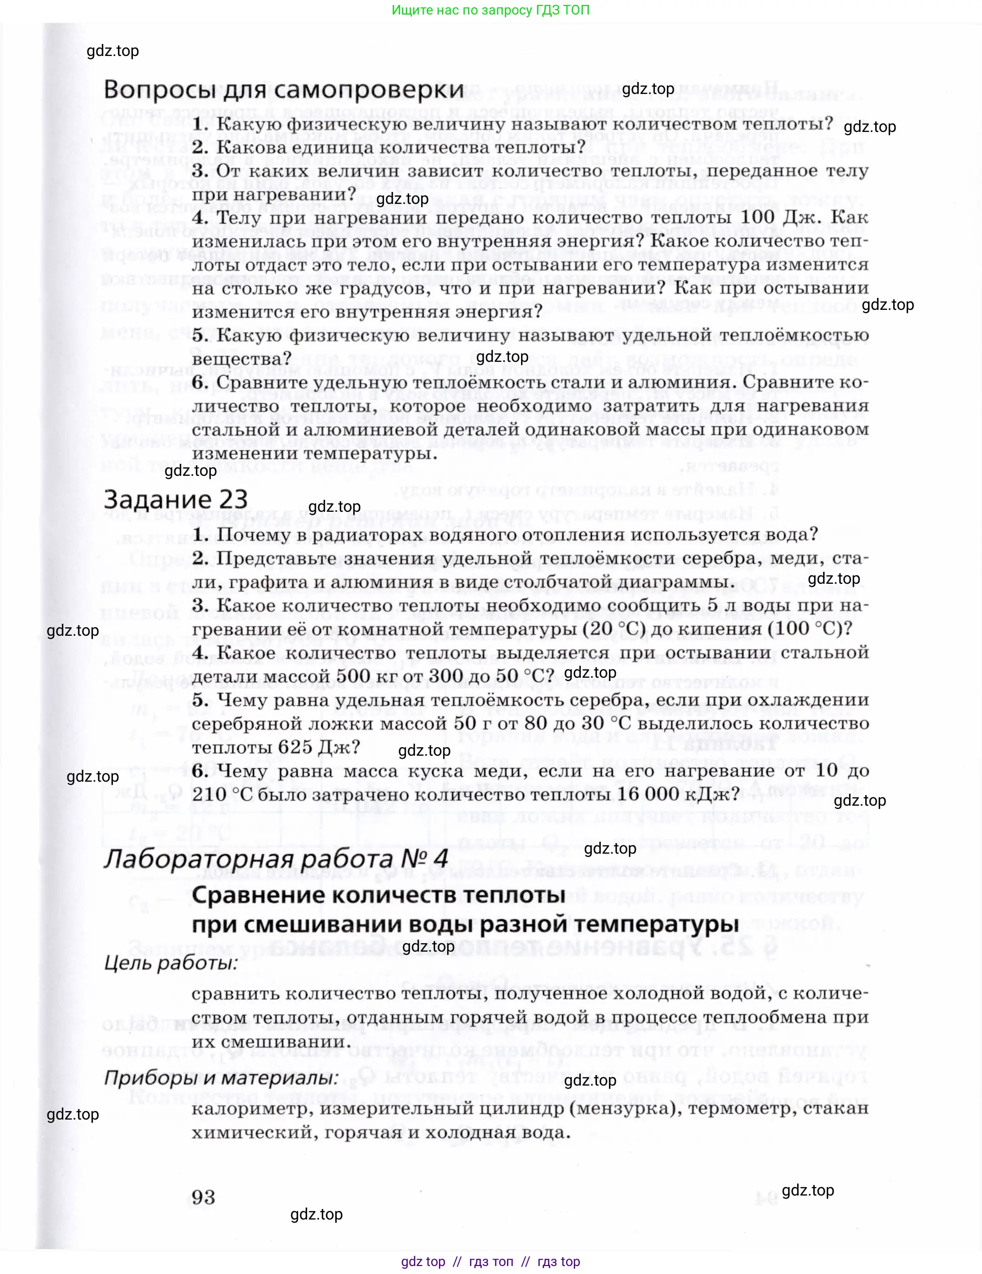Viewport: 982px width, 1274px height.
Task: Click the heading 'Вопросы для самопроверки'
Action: (x=283, y=90)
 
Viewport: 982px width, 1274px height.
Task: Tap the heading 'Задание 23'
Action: (x=175, y=500)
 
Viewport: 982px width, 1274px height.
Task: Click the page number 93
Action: (x=203, y=1197)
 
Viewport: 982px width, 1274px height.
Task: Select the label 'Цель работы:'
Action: (x=171, y=963)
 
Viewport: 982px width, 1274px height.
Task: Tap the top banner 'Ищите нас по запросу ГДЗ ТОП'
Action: (x=491, y=10)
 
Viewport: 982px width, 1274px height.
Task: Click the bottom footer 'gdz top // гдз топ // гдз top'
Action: (x=491, y=1262)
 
